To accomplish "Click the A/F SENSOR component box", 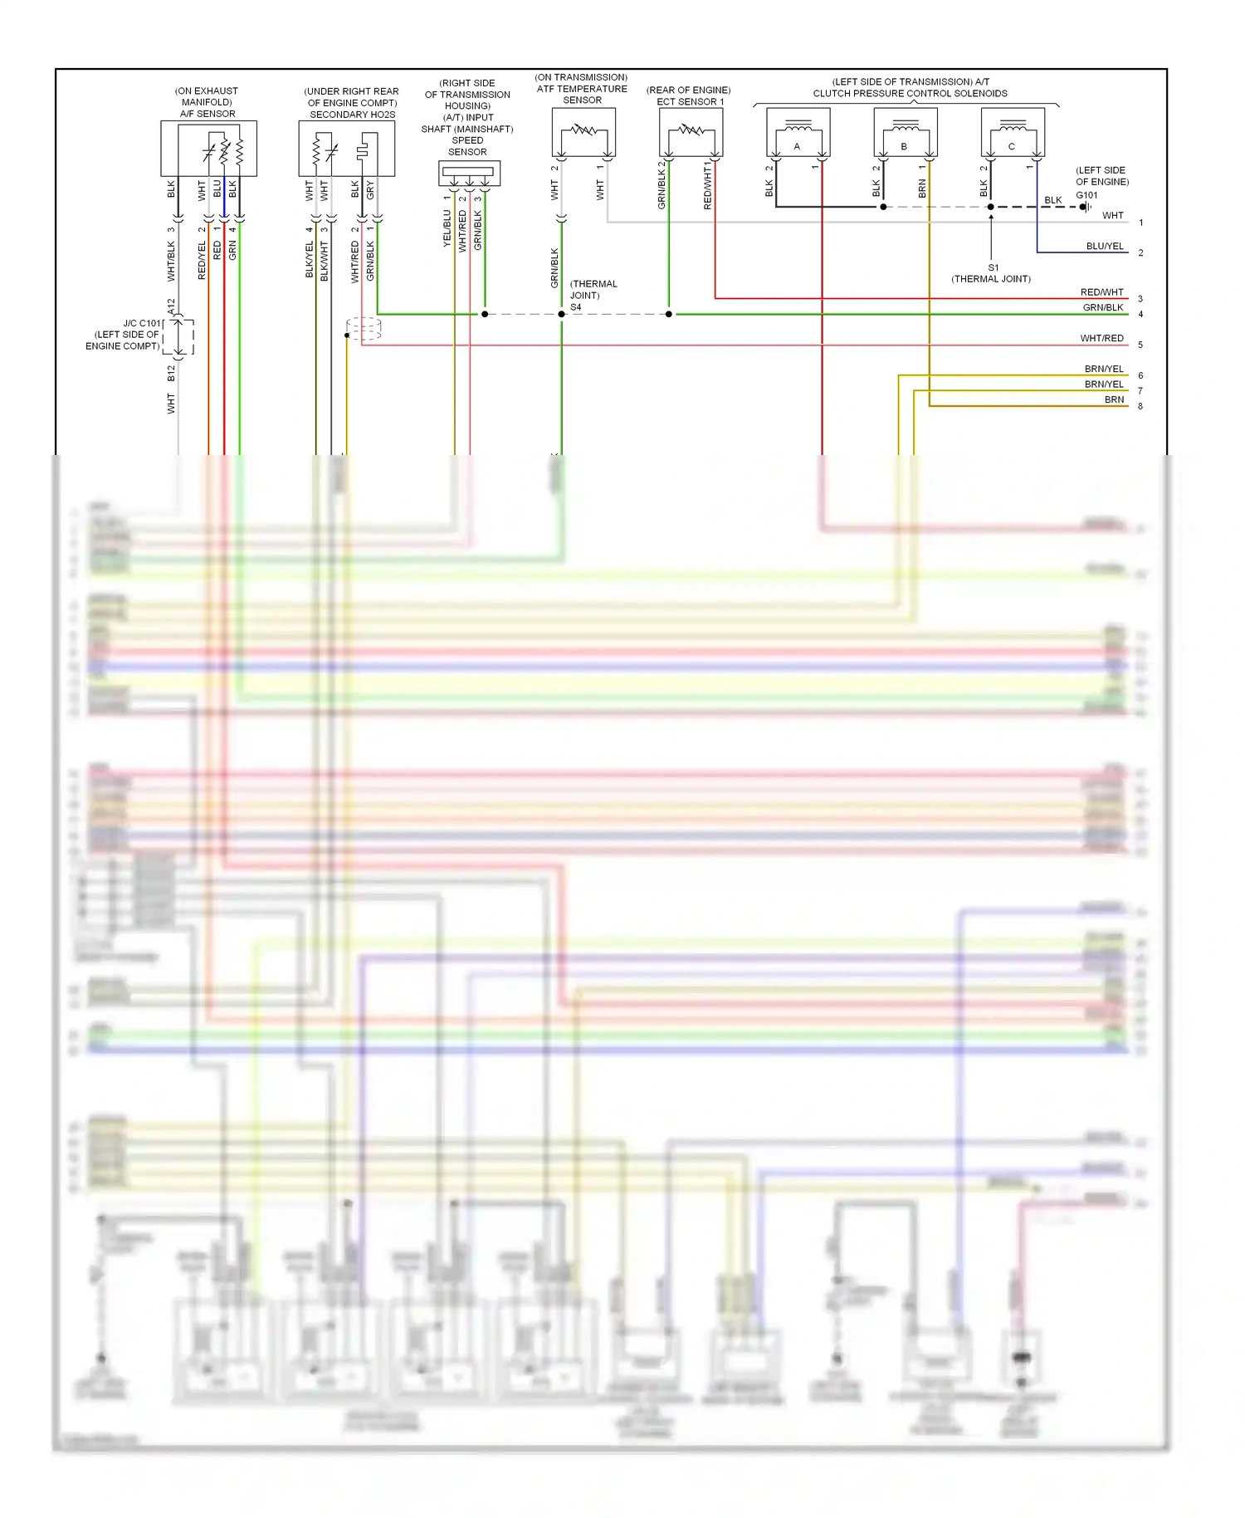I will [x=208, y=148].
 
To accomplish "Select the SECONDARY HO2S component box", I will [x=346, y=148].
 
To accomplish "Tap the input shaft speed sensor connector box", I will [x=469, y=173].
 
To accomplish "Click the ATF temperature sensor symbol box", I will [x=583, y=132].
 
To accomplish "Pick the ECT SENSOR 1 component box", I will [x=691, y=132].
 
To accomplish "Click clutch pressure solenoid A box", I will [x=798, y=132].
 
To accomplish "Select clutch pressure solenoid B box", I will [x=905, y=132].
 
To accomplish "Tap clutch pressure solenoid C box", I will [x=1012, y=132].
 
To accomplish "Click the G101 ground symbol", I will [x=1085, y=207].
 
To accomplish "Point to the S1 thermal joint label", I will [x=993, y=268].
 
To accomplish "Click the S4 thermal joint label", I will [x=576, y=307].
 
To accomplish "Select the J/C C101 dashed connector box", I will [x=178, y=337].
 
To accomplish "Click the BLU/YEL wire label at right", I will [x=1105, y=247].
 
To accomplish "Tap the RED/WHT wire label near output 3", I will [x=1101, y=292].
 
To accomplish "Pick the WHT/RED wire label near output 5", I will [x=1101, y=339].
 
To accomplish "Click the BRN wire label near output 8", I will [x=1114, y=400].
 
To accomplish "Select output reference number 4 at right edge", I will [x=1140, y=315].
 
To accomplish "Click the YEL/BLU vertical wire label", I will [x=447, y=228].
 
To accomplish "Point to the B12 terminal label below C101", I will [x=171, y=374].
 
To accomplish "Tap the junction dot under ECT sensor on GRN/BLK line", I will [x=669, y=314].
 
